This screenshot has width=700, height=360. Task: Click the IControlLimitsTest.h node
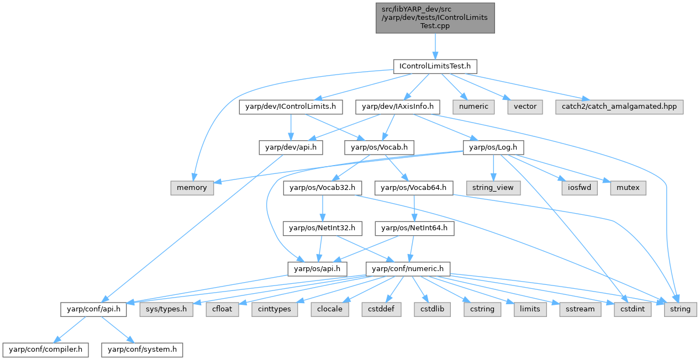coord(434,66)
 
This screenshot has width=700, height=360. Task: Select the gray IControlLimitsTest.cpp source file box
coord(434,17)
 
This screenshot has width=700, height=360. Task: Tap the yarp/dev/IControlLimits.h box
coord(291,107)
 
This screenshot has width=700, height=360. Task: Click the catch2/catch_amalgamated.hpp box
coord(619,107)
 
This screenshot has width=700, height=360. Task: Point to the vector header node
coord(525,107)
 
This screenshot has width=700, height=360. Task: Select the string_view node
coord(493,188)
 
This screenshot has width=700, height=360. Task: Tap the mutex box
coord(628,188)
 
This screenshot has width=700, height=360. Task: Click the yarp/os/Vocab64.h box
coord(414,188)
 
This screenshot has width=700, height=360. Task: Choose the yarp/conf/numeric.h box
coord(408,268)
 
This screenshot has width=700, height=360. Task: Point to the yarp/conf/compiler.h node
coord(45,350)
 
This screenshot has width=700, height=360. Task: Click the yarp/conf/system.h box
coord(142,350)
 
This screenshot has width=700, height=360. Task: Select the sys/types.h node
coord(166,309)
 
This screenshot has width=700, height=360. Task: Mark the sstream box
coord(580,309)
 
